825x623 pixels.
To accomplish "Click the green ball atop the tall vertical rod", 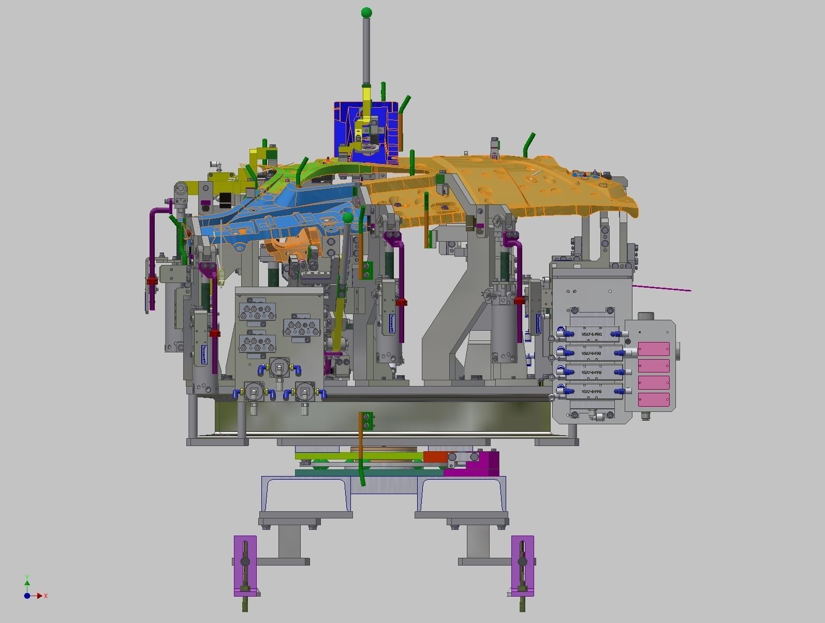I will point(366,12).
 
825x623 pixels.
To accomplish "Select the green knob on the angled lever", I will point(348,218).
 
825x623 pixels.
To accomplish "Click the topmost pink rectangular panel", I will point(654,349).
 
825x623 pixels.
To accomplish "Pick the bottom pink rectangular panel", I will point(654,399).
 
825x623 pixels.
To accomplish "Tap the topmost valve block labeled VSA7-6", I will point(591,335).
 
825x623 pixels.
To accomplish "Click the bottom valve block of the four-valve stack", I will point(591,392).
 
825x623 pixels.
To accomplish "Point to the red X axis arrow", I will point(39,596).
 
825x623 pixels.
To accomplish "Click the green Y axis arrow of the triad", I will point(27,579).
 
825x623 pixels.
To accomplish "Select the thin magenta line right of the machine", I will point(662,288).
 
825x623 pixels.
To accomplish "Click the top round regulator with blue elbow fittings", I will point(279,368).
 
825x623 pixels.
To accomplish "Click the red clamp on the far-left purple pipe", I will point(151,281).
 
